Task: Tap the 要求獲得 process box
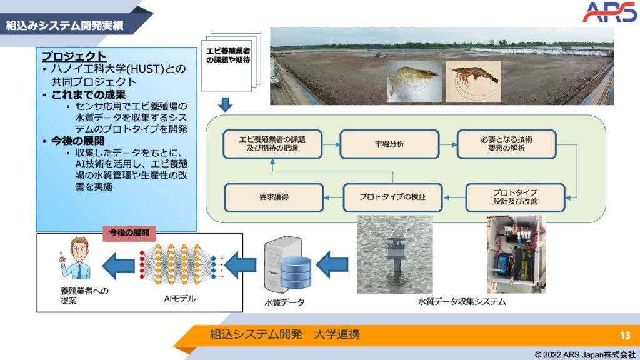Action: (274, 197)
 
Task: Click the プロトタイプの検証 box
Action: (392, 197)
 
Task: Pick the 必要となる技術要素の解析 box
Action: (507, 143)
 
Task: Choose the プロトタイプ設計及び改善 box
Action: (515, 197)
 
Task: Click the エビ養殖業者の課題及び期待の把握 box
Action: (272, 143)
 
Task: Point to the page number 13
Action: (625, 335)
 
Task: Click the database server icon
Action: (288, 266)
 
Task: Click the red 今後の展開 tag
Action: (129, 232)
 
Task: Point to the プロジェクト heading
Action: (74, 56)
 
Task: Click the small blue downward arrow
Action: (226, 102)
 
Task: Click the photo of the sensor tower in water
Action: (394, 254)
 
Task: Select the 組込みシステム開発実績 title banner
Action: (66, 26)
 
